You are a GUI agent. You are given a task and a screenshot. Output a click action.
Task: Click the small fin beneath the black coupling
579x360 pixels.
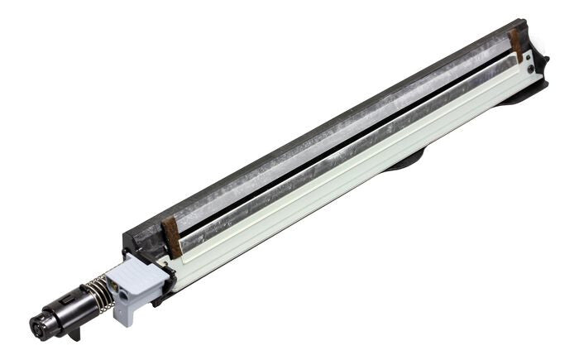click(x=74, y=334)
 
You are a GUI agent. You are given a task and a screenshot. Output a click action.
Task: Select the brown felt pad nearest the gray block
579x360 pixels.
click(x=172, y=237)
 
